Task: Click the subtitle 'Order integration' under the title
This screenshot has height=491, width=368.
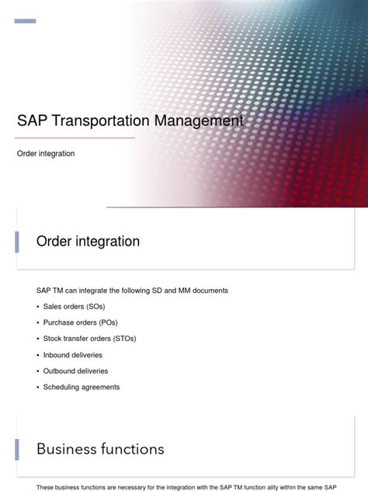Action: click(x=46, y=154)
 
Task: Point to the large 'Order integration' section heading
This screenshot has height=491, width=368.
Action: click(x=88, y=242)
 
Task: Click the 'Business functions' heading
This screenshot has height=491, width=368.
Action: click(x=100, y=449)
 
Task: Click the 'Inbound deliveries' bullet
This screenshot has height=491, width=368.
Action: click(x=74, y=355)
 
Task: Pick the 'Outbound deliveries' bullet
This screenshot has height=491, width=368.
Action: click(x=75, y=371)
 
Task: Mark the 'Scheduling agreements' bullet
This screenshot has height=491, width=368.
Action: click(x=82, y=387)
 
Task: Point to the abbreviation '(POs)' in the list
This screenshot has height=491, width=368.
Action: click(x=105, y=322)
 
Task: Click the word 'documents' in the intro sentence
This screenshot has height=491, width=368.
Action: click(x=210, y=291)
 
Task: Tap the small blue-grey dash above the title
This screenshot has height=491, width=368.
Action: click(x=25, y=21)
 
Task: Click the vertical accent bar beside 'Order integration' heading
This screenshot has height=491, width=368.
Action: click(x=17, y=242)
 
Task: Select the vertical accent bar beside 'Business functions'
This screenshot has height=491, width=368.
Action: click(x=17, y=449)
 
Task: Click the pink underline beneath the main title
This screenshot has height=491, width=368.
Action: click(x=75, y=138)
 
